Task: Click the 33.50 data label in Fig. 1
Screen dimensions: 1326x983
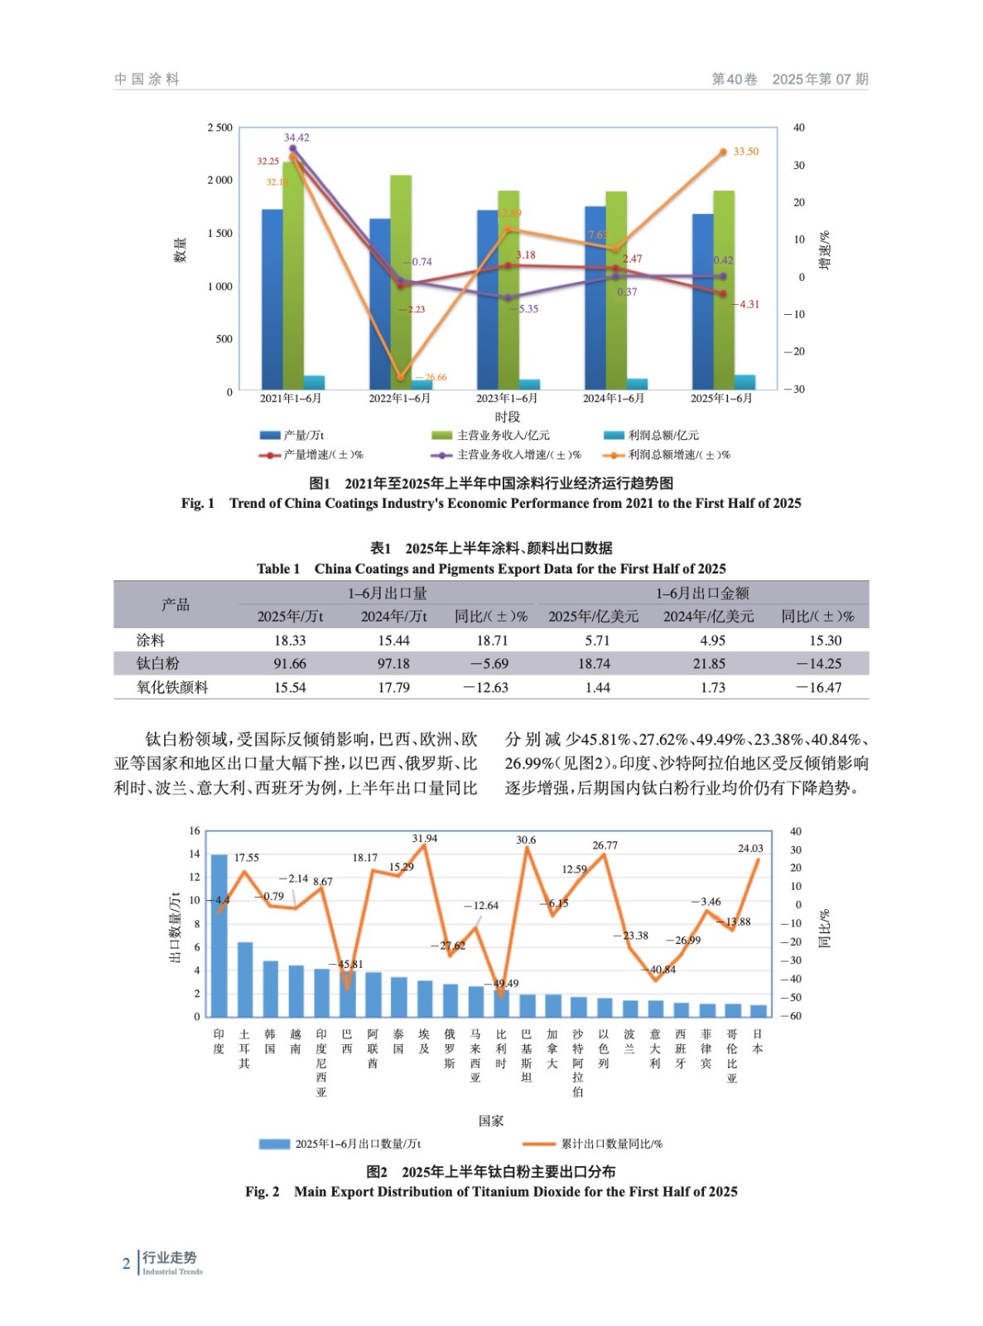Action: [745, 152]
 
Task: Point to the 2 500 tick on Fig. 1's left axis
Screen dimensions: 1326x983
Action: [219, 128]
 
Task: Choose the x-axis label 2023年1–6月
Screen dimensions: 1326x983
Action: [507, 399]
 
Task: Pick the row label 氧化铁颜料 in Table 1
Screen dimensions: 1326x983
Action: [172, 688]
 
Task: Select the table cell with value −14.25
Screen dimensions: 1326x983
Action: [818, 664]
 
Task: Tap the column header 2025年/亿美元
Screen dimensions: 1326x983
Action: [593, 617]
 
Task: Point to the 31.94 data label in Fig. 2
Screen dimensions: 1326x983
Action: [425, 839]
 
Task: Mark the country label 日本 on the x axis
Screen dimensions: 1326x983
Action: [757, 1042]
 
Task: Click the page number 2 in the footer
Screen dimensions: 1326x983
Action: [126, 1264]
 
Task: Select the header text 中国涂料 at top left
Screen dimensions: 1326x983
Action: [147, 80]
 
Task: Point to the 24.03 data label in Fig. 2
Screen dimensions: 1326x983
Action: [750, 849]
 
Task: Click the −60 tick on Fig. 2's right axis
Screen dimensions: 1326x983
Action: [793, 1016]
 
